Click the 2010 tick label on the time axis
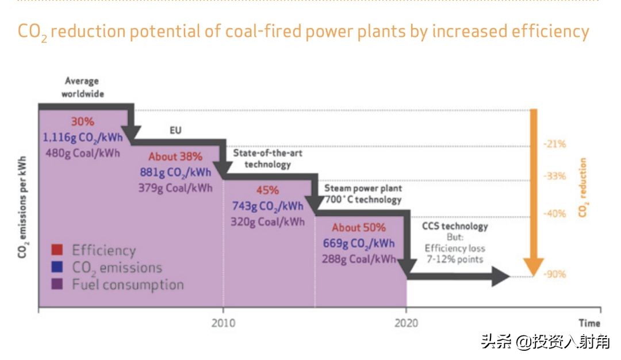click(223, 323)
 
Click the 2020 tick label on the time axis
click(406, 323)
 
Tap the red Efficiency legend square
click(56, 250)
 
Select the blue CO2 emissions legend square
click(56, 267)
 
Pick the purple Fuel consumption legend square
click(56, 284)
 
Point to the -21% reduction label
click(554, 144)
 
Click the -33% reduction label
click(554, 177)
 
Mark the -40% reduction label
click(554, 214)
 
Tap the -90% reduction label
click(554, 274)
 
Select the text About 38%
click(175, 156)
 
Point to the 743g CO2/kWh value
click(267, 206)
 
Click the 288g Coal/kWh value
click(359, 259)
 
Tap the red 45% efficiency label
click(267, 190)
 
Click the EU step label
click(175, 131)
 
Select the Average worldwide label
click(82, 87)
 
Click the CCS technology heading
click(455, 226)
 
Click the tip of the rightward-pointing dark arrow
click(509, 277)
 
